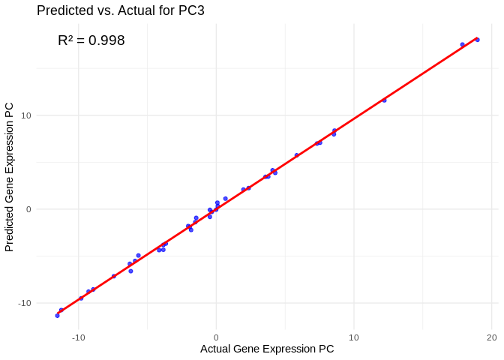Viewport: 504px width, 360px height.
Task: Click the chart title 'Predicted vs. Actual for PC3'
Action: pos(120,10)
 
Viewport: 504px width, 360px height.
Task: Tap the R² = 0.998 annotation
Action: pos(91,40)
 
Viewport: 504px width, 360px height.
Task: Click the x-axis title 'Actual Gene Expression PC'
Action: pos(267,349)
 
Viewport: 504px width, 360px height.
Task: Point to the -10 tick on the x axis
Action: pos(78,337)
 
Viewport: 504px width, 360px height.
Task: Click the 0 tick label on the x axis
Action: pos(216,337)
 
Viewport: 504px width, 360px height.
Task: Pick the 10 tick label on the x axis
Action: pos(353,337)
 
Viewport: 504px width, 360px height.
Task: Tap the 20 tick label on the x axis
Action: pos(491,337)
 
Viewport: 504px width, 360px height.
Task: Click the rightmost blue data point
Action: pos(477,40)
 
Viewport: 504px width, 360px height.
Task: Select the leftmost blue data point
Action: pos(57,316)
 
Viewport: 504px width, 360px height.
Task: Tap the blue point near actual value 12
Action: pos(384,100)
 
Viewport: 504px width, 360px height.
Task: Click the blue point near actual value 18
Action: pos(462,45)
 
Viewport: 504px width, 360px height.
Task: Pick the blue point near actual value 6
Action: pos(296,155)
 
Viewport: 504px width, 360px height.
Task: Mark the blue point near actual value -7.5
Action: pos(113,276)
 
